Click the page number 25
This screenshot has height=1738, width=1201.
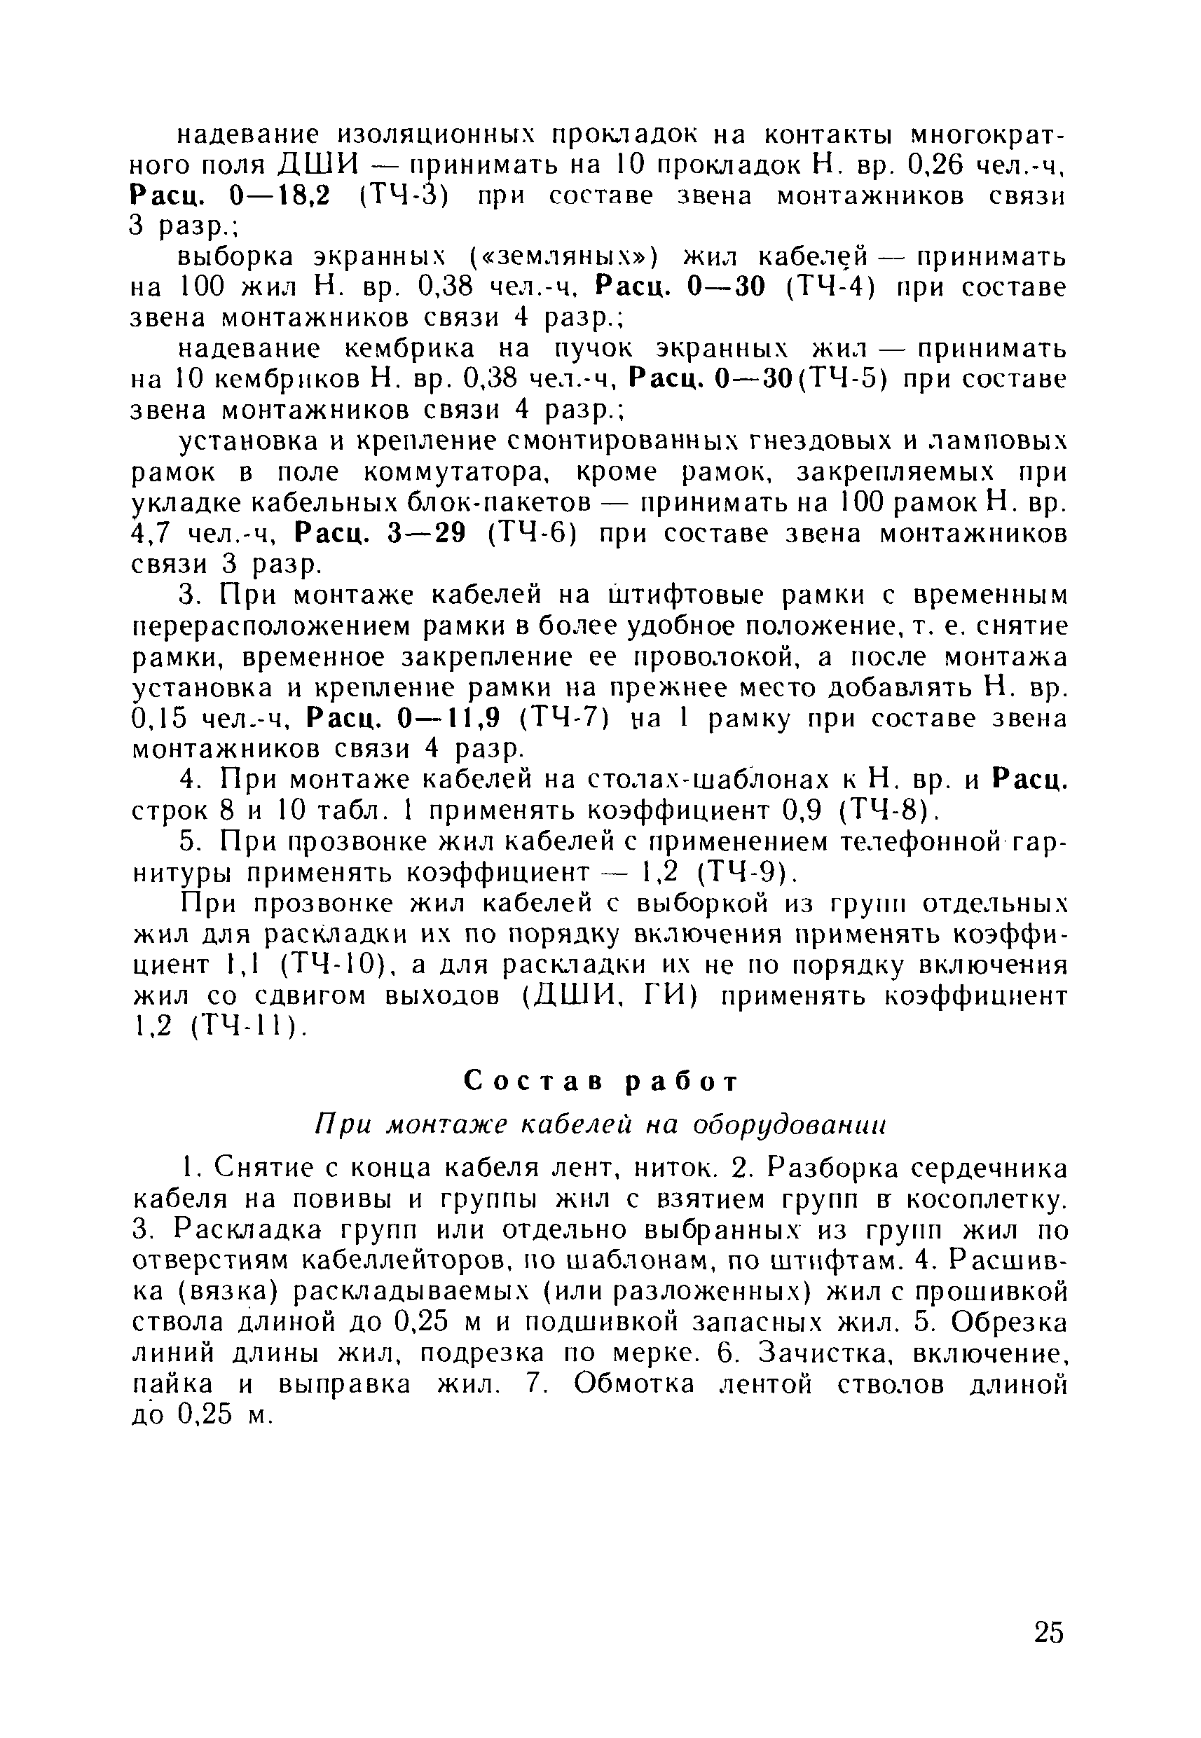[x=1049, y=1633]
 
